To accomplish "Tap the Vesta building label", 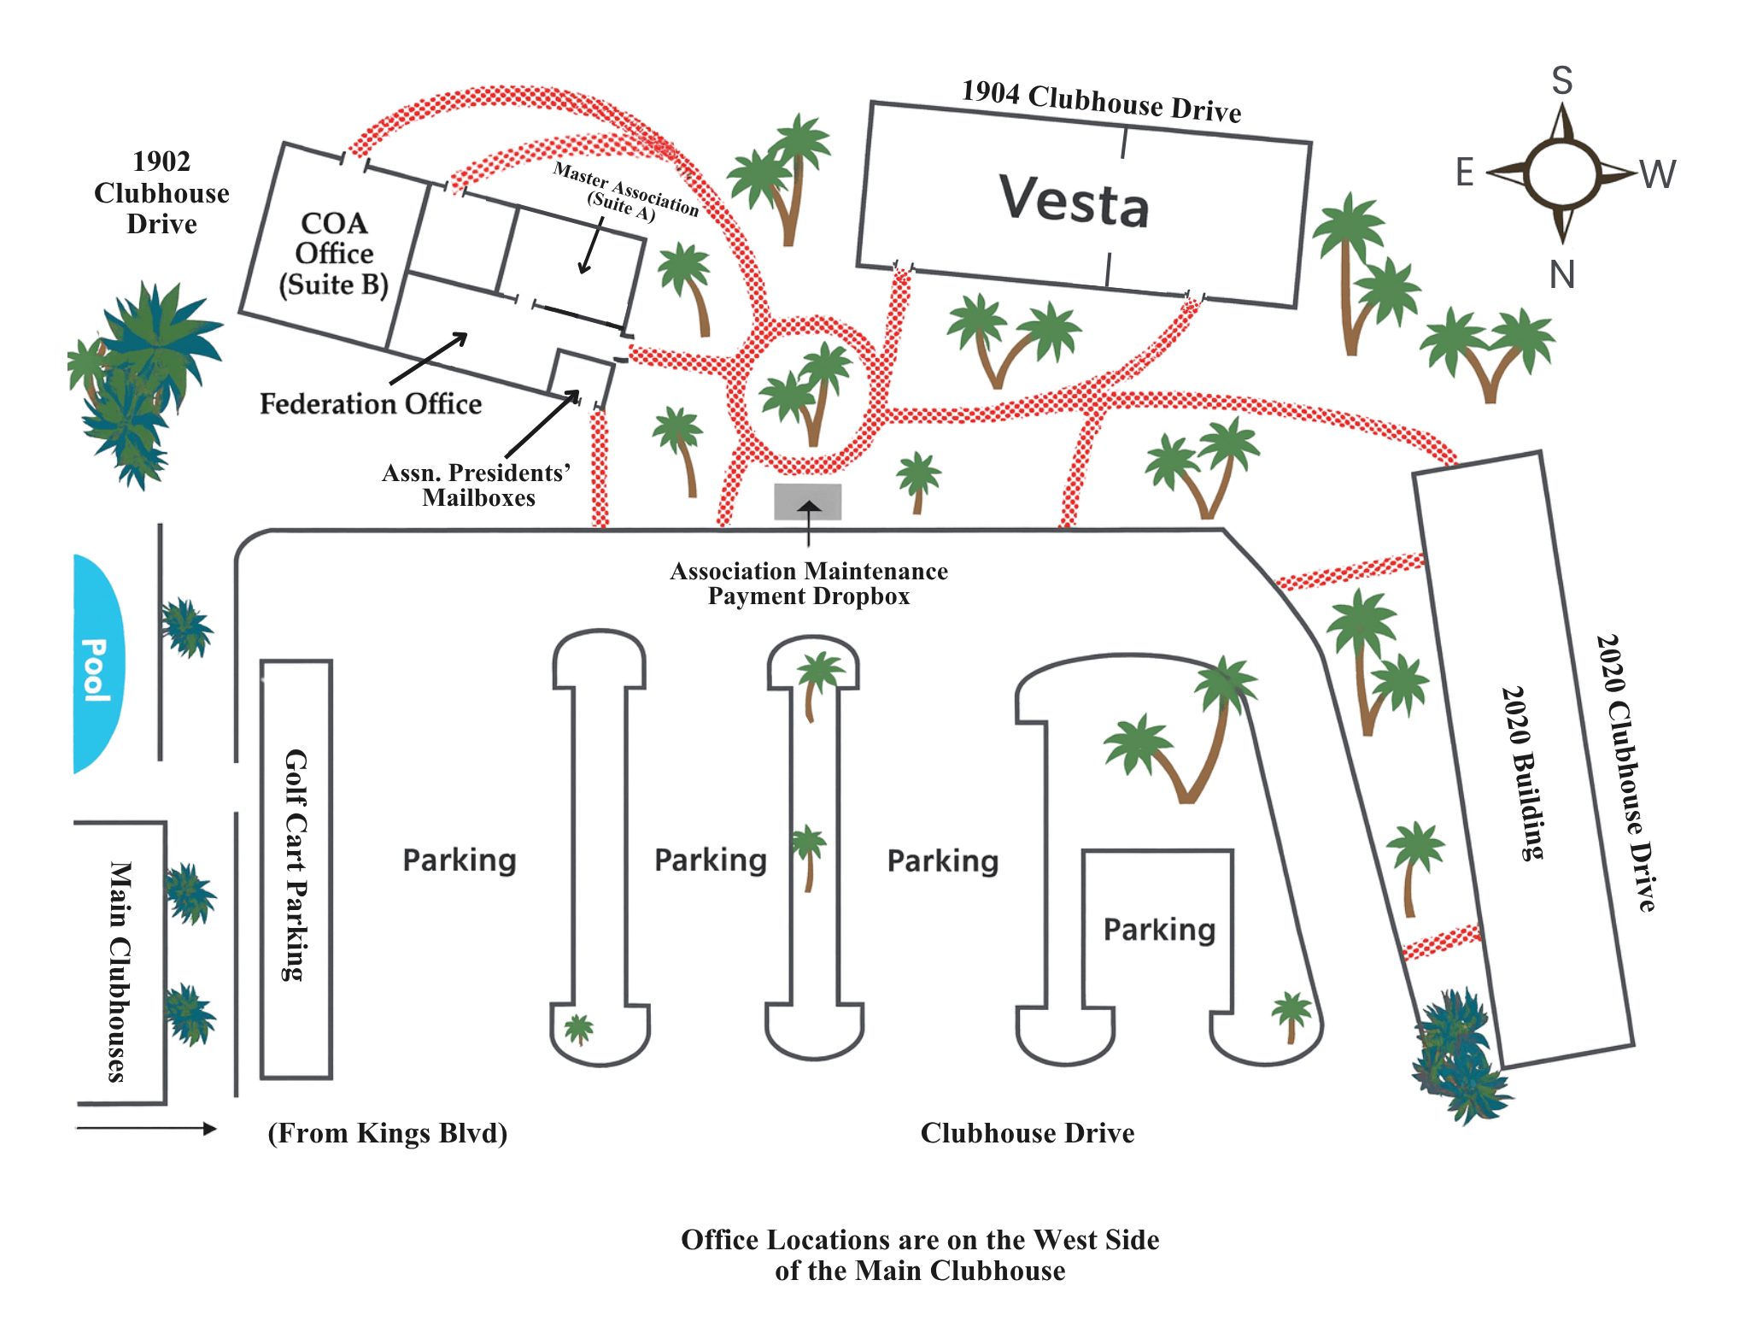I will [x=1074, y=201].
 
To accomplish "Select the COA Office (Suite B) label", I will [x=334, y=254].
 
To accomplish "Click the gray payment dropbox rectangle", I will [x=807, y=502].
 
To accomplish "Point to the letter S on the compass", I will [x=1561, y=81].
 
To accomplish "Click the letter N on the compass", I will [x=1561, y=275].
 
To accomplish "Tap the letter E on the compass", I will [x=1464, y=173].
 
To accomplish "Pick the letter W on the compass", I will [x=1657, y=174].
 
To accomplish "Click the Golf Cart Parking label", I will [x=296, y=865].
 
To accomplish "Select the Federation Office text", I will [x=370, y=403].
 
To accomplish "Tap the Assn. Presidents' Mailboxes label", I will [x=477, y=485].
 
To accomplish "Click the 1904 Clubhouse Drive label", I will [x=1101, y=102].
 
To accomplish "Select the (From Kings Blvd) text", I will [x=387, y=1133].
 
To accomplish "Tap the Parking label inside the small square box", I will [x=1158, y=930].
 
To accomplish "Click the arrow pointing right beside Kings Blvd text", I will [x=145, y=1129].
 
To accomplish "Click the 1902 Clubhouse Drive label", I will [x=161, y=193].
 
